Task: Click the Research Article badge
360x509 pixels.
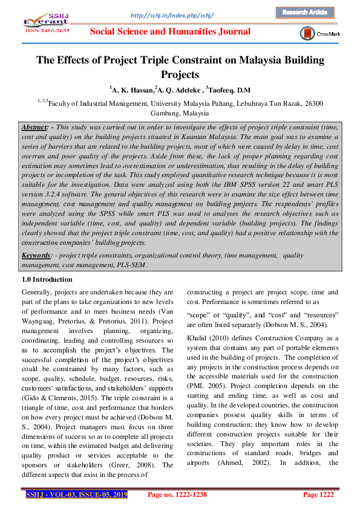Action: pyautogui.click(x=305, y=12)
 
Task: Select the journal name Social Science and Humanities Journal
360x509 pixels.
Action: pyautogui.click(x=180, y=32)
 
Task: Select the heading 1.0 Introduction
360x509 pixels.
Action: pyautogui.click(x=47, y=279)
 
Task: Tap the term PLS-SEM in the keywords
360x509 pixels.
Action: pyautogui.click(x=128, y=264)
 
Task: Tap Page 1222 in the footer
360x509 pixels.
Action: pyautogui.click(x=318, y=495)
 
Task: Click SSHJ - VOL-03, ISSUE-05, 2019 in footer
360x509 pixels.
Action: pyautogui.click(x=76, y=495)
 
